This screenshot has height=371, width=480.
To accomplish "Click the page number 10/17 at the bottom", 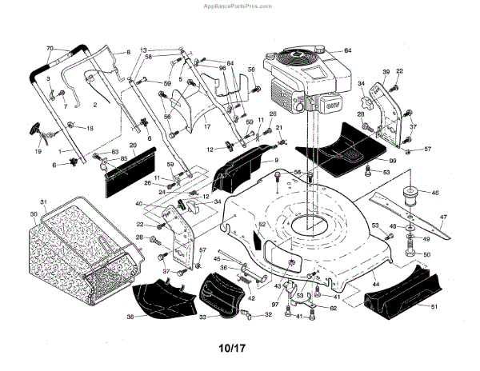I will point(239,349).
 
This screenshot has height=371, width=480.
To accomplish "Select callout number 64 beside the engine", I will point(348,50).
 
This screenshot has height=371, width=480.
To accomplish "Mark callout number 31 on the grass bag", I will point(45,201).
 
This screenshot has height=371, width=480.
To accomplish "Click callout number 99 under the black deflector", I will point(394,160).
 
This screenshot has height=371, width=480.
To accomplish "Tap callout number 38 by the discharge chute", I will point(130,317).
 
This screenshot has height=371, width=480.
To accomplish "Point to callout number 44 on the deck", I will point(374,285).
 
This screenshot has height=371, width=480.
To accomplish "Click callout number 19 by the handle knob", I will point(37,150).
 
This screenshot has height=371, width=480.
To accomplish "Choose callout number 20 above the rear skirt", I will point(133,146).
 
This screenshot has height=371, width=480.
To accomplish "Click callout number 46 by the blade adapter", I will point(435,193).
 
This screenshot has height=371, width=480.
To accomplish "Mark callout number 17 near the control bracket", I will point(206,125).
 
